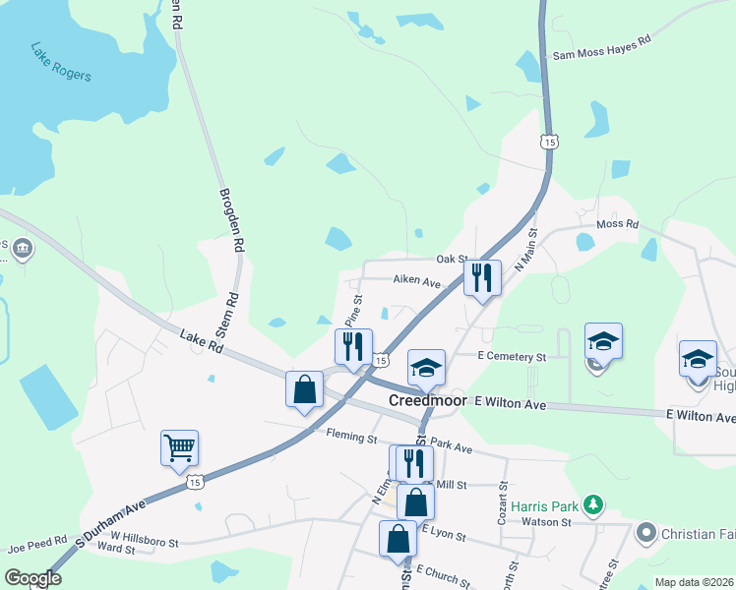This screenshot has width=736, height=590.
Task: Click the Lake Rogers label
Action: [x=60, y=62]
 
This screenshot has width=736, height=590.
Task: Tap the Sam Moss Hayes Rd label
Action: [x=602, y=50]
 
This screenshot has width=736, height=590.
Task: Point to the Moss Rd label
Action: [x=617, y=224]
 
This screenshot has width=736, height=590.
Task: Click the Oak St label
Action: [x=451, y=260]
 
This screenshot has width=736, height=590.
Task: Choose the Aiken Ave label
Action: [x=417, y=281]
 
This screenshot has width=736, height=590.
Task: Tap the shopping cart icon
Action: [x=180, y=447]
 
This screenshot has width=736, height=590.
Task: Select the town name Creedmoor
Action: [x=430, y=400]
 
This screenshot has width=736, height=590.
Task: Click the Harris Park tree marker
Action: [x=592, y=505]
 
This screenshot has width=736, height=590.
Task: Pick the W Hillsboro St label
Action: [x=144, y=539]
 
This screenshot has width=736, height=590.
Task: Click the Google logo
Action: [x=31, y=578]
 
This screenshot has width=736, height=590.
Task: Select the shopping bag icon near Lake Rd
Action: [x=305, y=388]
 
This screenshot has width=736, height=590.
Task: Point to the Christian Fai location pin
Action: [x=646, y=533]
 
